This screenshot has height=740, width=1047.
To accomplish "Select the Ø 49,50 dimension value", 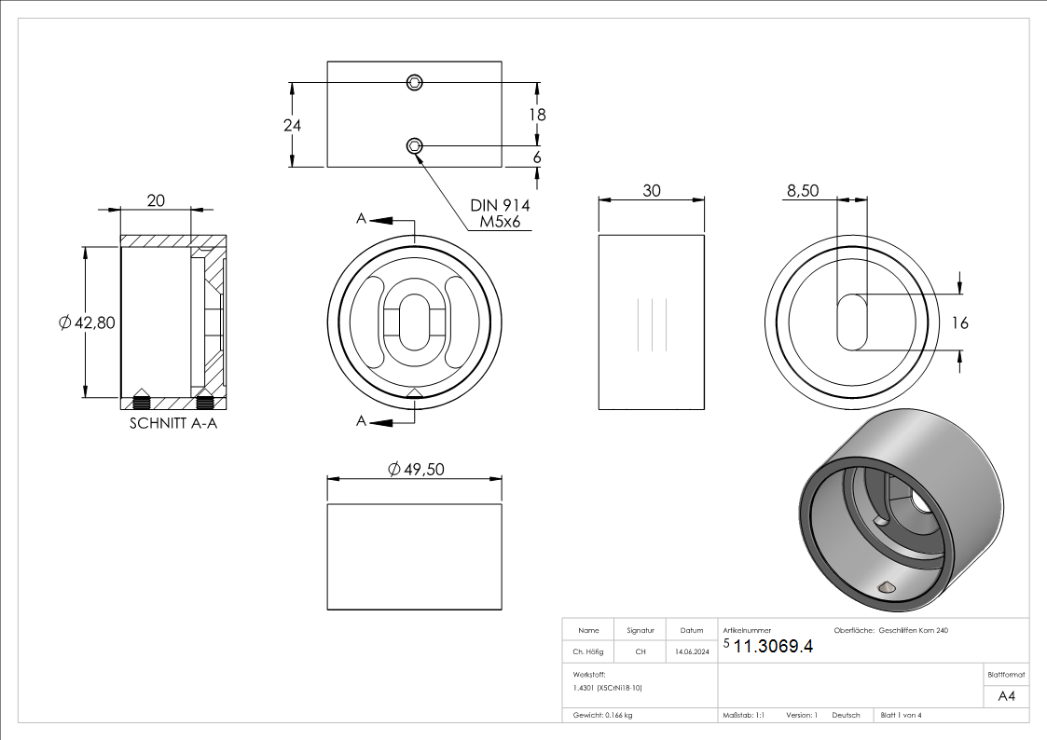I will pos(416,469).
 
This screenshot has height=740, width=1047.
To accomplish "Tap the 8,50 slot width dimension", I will pos(803,190).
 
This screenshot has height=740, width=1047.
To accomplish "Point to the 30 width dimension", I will pos(651,190).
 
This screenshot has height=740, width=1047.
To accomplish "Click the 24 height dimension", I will pos(292,125).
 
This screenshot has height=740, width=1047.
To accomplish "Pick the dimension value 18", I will pos(537,115).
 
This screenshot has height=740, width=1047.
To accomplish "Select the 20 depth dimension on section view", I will pos(156,200).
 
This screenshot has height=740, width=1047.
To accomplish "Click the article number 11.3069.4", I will pos(773,647).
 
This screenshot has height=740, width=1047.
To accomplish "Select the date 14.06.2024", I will pos(692,652).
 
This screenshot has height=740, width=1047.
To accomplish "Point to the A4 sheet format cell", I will pos(1006,696).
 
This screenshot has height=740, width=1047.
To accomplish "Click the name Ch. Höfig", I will pos(588,652).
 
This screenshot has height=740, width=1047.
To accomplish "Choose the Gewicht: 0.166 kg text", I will pos(603,715).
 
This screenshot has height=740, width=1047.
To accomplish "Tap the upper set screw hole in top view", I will pos(415,83).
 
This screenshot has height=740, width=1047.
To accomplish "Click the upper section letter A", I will pos(361,219).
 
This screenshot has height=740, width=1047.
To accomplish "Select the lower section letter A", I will pos(361,421).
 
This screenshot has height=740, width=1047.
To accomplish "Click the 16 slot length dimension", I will pos(960,323).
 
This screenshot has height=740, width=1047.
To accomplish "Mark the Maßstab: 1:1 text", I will pos(744,715).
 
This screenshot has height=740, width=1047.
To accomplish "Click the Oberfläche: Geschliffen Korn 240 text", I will pos(890,631).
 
